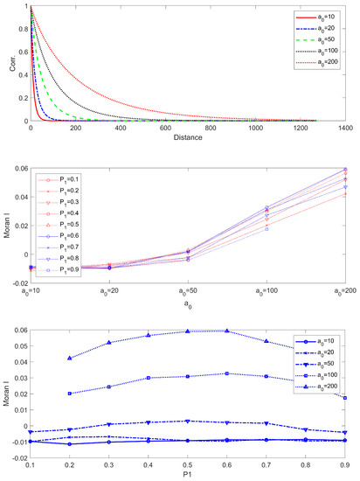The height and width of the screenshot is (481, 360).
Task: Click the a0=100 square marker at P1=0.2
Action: click(x=70, y=394)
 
